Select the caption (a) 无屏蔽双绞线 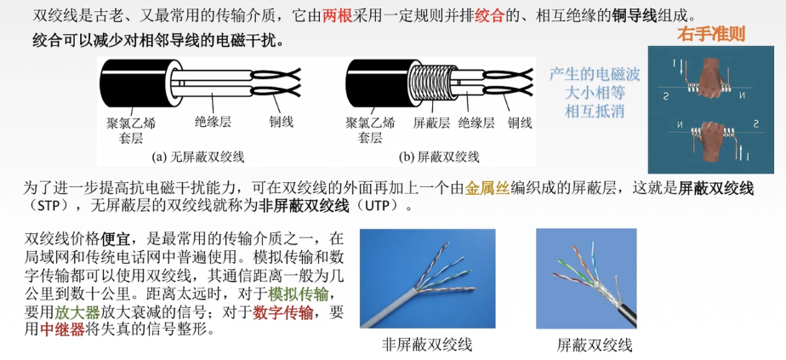pyautogui.click(x=198, y=157)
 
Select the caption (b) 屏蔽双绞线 pyautogui.click(x=439, y=157)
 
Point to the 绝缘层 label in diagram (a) pyautogui.click(x=213, y=122)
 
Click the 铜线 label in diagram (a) pyautogui.click(x=281, y=122)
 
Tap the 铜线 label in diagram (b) pyautogui.click(x=520, y=123)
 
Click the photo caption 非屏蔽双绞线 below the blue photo pyautogui.click(x=427, y=345)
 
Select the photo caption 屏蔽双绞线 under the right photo pyautogui.click(x=595, y=345)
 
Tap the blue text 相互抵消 pyautogui.click(x=595, y=109)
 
